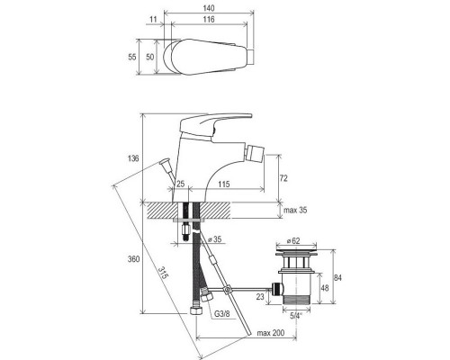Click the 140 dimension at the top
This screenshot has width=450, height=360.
click(x=209, y=8)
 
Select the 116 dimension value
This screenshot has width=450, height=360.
click(x=209, y=20)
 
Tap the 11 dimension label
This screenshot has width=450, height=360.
click(x=153, y=20)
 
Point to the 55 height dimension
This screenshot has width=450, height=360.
click(x=132, y=57)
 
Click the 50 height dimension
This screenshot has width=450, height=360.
click(x=150, y=57)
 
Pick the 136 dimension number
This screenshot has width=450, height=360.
click(x=133, y=158)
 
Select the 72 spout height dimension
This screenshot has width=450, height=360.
click(x=283, y=178)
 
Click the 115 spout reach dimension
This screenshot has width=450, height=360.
click(x=224, y=184)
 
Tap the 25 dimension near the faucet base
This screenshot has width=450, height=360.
click(x=180, y=184)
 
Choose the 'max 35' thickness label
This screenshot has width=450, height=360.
click(x=295, y=210)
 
